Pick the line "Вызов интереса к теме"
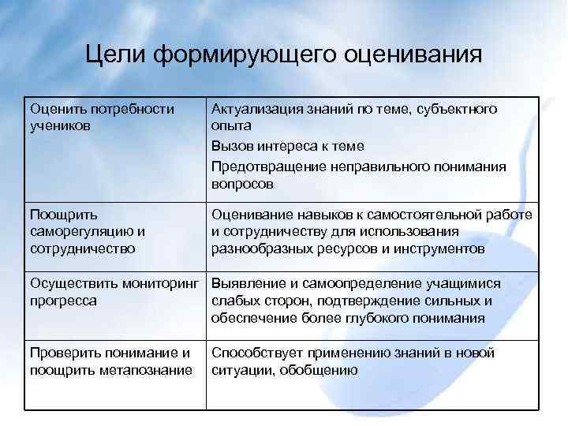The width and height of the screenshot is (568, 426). coord(287,146)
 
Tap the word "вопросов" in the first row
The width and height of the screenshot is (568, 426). coord(242,184)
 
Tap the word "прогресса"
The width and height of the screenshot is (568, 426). coord(63,301)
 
